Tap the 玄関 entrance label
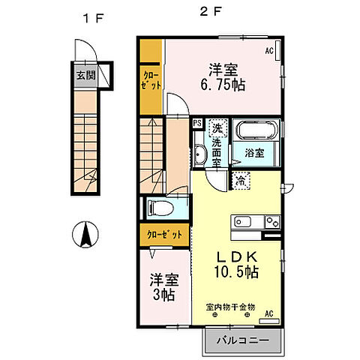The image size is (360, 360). [85, 76]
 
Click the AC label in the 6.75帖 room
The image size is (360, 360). [268, 51]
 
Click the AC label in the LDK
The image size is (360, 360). [268, 313]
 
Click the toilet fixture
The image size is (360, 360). [159, 208]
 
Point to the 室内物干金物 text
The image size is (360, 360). [230, 306]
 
